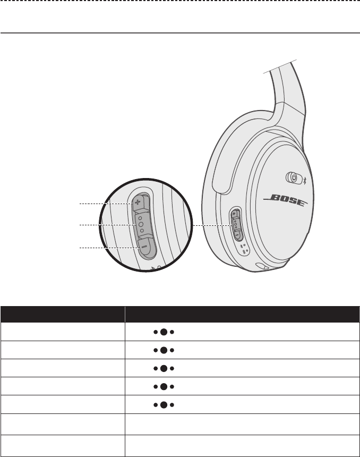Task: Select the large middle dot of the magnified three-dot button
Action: [x=141, y=225]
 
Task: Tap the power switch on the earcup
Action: [x=293, y=176]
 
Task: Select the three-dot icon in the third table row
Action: [x=164, y=368]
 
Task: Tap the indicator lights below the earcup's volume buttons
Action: [x=243, y=248]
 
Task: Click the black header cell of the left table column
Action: [x=63, y=314]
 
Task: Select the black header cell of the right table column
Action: [x=242, y=314]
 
